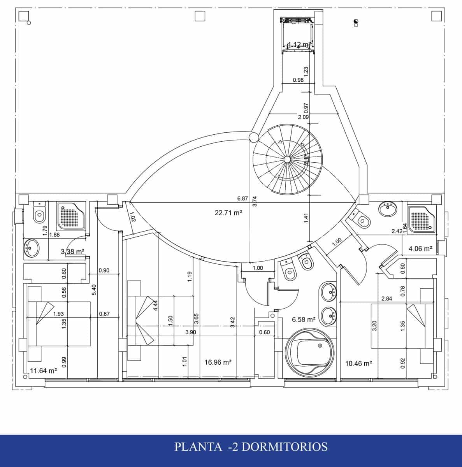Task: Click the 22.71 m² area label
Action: pyautogui.click(x=228, y=212)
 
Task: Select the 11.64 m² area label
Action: pyautogui.click(x=44, y=371)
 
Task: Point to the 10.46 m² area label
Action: pyautogui.click(x=358, y=363)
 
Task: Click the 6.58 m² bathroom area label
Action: pyautogui.click(x=304, y=320)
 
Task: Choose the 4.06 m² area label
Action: pyautogui.click(x=420, y=249)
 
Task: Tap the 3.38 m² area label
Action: pyautogui.click(x=73, y=252)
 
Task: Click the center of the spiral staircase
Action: pyautogui.click(x=287, y=159)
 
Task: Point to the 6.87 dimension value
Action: pyautogui.click(x=242, y=198)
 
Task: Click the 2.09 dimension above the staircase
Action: pyautogui.click(x=304, y=117)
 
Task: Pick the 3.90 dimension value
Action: pyautogui.click(x=190, y=332)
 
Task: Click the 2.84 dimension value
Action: pyautogui.click(x=386, y=299)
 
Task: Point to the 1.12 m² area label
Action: pyautogui.click(x=299, y=44)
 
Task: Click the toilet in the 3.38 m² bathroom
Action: pyautogui.click(x=39, y=213)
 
